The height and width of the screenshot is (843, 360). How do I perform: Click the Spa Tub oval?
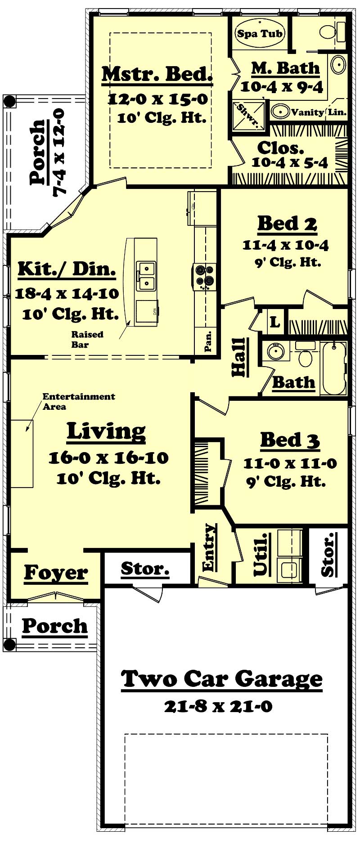pos(260,33)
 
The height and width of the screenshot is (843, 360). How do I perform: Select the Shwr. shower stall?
pos(247,115)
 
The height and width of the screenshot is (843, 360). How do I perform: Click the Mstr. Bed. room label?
pos(157,74)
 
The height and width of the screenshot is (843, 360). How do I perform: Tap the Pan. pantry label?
pos(208,342)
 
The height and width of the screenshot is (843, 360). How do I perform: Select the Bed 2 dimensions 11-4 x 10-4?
pos(285,245)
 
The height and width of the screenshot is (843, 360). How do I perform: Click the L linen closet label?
pos(274,322)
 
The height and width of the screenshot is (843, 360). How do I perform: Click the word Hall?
pos(239,357)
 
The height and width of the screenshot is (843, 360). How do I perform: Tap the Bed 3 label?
pos(290,440)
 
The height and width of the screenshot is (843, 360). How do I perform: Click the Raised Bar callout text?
pos(87,340)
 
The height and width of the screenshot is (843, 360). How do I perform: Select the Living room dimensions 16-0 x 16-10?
pos(108,458)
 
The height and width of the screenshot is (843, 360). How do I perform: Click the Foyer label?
pos(56,573)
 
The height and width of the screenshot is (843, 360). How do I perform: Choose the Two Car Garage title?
pos(222,679)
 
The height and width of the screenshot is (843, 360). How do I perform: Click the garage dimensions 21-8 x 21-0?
pos(218,706)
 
